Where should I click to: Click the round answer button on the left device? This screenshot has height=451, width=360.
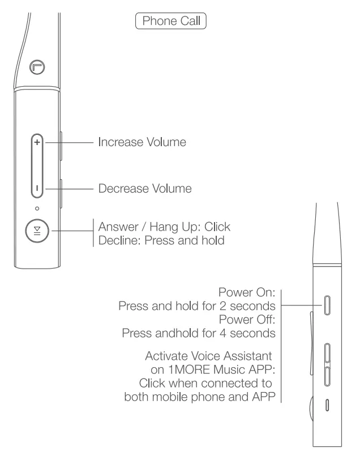[37, 232]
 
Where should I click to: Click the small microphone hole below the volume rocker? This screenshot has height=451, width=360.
[37, 209]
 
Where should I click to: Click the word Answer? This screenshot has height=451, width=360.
[115, 227]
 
